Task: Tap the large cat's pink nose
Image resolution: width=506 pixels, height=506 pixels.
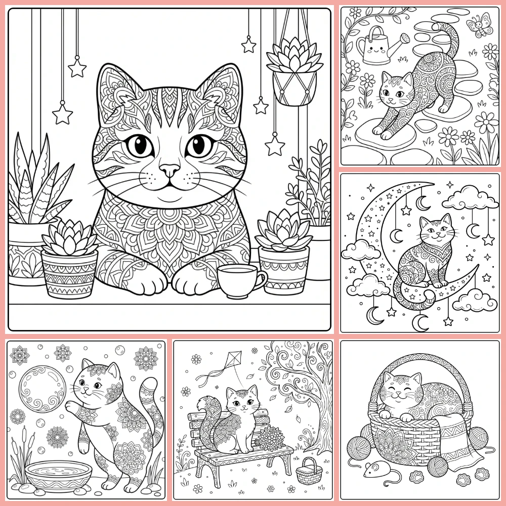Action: tap(170, 169)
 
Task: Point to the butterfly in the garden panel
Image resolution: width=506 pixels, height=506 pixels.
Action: tap(479, 24)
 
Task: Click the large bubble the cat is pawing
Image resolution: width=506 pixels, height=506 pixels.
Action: tap(42, 389)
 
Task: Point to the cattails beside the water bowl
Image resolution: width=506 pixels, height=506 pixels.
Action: tap(20, 455)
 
